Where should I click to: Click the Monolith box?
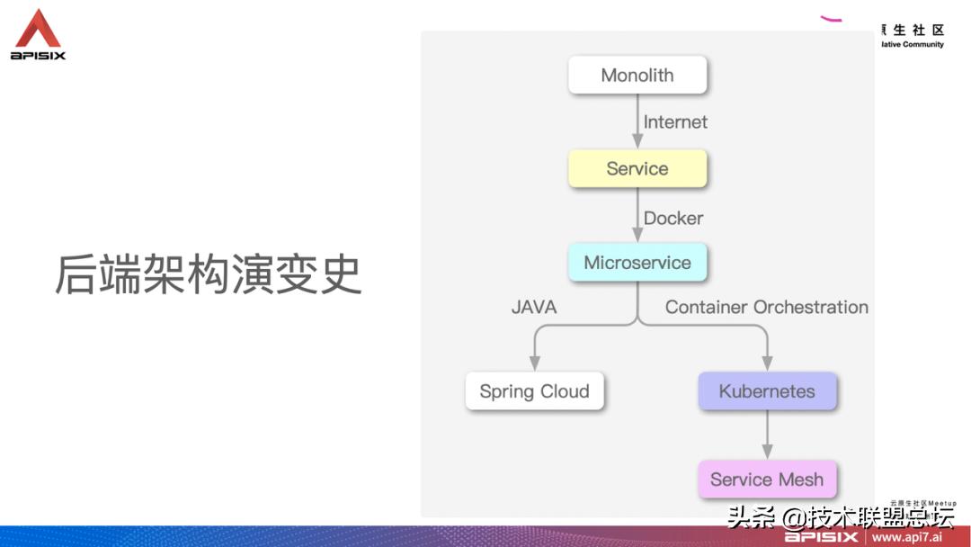click(x=637, y=75)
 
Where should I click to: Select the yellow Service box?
click(x=637, y=168)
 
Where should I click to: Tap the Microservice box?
click(x=637, y=263)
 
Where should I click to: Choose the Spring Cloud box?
click(x=534, y=391)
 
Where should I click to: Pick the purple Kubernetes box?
click(x=767, y=391)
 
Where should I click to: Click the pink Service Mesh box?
click(x=767, y=480)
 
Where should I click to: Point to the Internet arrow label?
click(x=675, y=121)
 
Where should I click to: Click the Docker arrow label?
click(x=673, y=218)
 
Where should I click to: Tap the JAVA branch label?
click(x=534, y=307)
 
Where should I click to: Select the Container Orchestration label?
click(x=767, y=307)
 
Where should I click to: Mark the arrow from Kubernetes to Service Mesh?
click(x=767, y=435)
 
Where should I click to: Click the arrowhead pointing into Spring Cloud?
click(x=535, y=363)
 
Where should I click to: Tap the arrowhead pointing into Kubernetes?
click(x=767, y=363)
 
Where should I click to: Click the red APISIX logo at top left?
click(x=38, y=34)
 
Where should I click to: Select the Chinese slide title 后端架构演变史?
click(x=208, y=274)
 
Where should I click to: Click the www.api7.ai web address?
click(x=905, y=537)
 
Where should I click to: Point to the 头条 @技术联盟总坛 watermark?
click(x=841, y=518)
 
